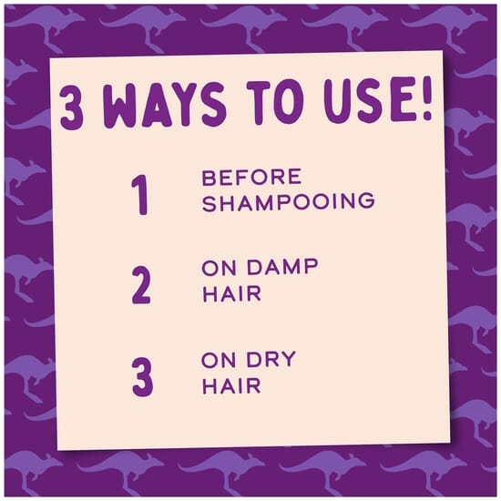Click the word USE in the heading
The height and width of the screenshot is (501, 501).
[x=367, y=99]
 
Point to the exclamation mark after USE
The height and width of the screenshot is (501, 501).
[x=425, y=97]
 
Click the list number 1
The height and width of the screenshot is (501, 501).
[x=140, y=195]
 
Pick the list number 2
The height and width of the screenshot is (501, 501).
[x=141, y=285]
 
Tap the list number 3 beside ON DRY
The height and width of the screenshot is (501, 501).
[x=142, y=377]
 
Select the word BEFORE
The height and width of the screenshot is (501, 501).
[x=251, y=177]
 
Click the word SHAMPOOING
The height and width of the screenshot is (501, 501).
[x=288, y=202]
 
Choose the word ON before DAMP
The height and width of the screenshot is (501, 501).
[x=220, y=267]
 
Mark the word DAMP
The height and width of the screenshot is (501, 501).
[x=282, y=267]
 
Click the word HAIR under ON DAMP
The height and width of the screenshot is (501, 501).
[x=232, y=293]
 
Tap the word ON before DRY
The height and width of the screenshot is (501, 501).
[x=220, y=360]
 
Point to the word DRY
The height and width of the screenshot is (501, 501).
[x=271, y=360]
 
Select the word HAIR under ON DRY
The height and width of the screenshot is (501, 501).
[x=232, y=386]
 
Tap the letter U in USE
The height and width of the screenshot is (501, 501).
[x=336, y=100]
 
